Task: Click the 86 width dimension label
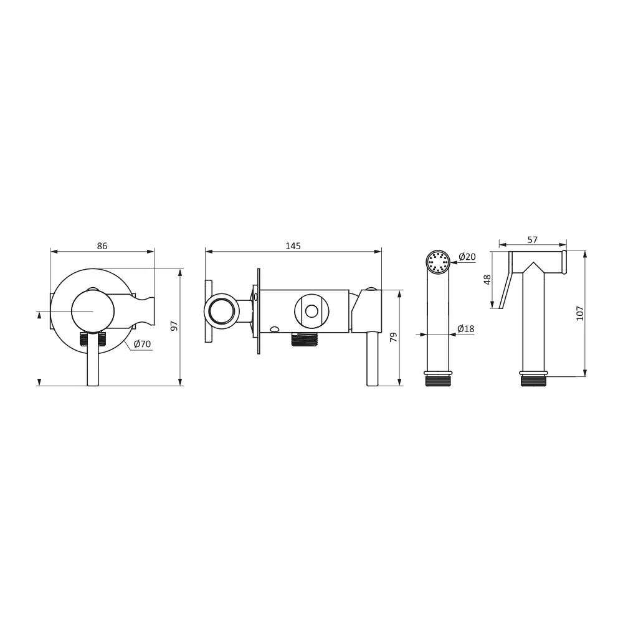(102, 246)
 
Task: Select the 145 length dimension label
(293, 246)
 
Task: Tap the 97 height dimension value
(174, 326)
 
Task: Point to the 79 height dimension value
(393, 337)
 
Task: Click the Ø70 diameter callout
(142, 344)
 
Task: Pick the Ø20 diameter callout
(467, 257)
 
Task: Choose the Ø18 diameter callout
(465, 328)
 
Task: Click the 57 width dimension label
(533, 240)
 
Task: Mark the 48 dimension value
(488, 280)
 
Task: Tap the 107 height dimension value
(580, 313)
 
